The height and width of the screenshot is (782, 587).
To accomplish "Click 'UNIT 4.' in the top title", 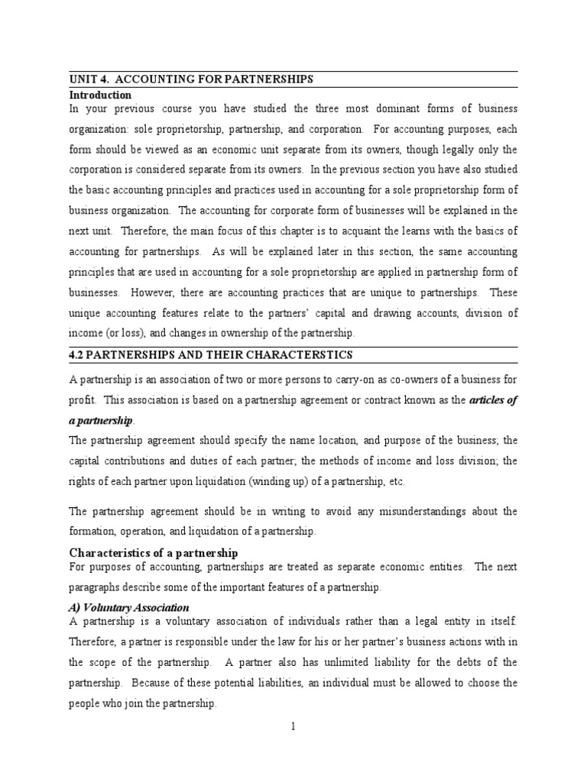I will point(90,79).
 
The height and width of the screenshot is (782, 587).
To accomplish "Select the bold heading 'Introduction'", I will point(100,95).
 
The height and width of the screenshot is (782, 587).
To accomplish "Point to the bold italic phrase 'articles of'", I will point(491,401).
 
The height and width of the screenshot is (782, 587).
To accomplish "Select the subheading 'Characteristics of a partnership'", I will point(154,552).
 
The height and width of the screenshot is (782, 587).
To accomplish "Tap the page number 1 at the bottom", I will point(292,725).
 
